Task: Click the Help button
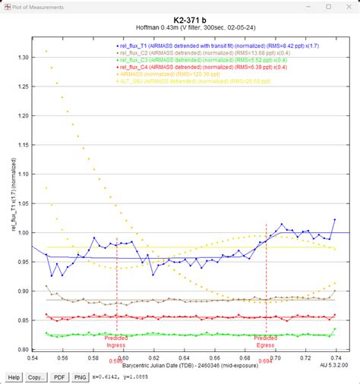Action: tap(14, 376)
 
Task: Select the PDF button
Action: tap(60, 376)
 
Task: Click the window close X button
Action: tap(349, 7)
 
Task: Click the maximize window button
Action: tap(328, 7)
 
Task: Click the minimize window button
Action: tap(308, 7)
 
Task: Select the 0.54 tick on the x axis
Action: tap(33, 357)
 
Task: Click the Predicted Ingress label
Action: tap(116, 341)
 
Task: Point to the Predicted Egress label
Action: tap(266, 341)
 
